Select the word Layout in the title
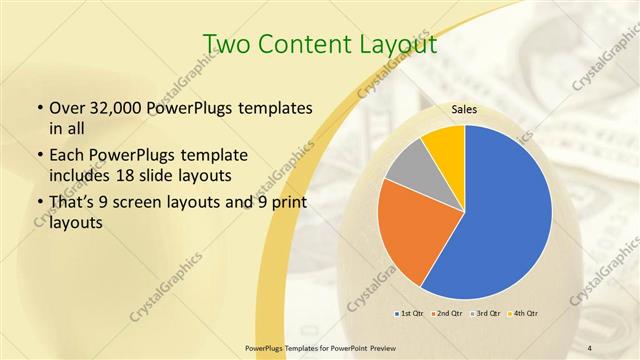click(398, 44)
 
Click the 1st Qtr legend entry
click(409, 314)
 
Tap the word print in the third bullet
click(289, 202)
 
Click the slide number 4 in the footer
click(590, 347)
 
